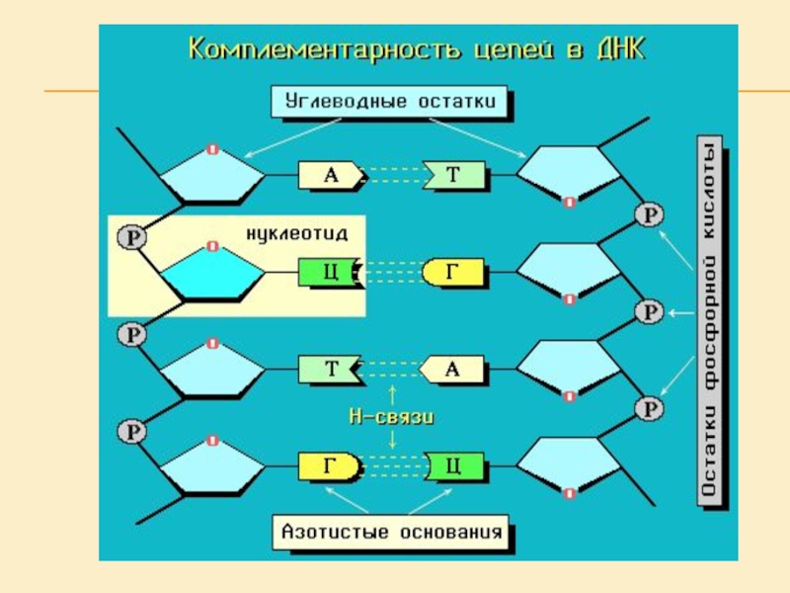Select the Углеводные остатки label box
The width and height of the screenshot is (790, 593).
391,101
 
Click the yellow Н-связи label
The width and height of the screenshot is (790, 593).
392,417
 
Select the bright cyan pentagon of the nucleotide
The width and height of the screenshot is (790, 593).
215,275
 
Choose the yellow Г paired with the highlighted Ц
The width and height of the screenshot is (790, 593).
452,273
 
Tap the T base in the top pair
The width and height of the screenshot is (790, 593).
454,176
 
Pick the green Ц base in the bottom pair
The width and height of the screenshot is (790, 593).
452,466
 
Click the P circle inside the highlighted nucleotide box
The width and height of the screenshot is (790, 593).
131,237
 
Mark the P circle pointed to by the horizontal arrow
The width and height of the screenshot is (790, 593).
648,312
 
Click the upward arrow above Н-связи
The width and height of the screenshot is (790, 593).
392,394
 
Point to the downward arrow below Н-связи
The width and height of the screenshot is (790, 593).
392,440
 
